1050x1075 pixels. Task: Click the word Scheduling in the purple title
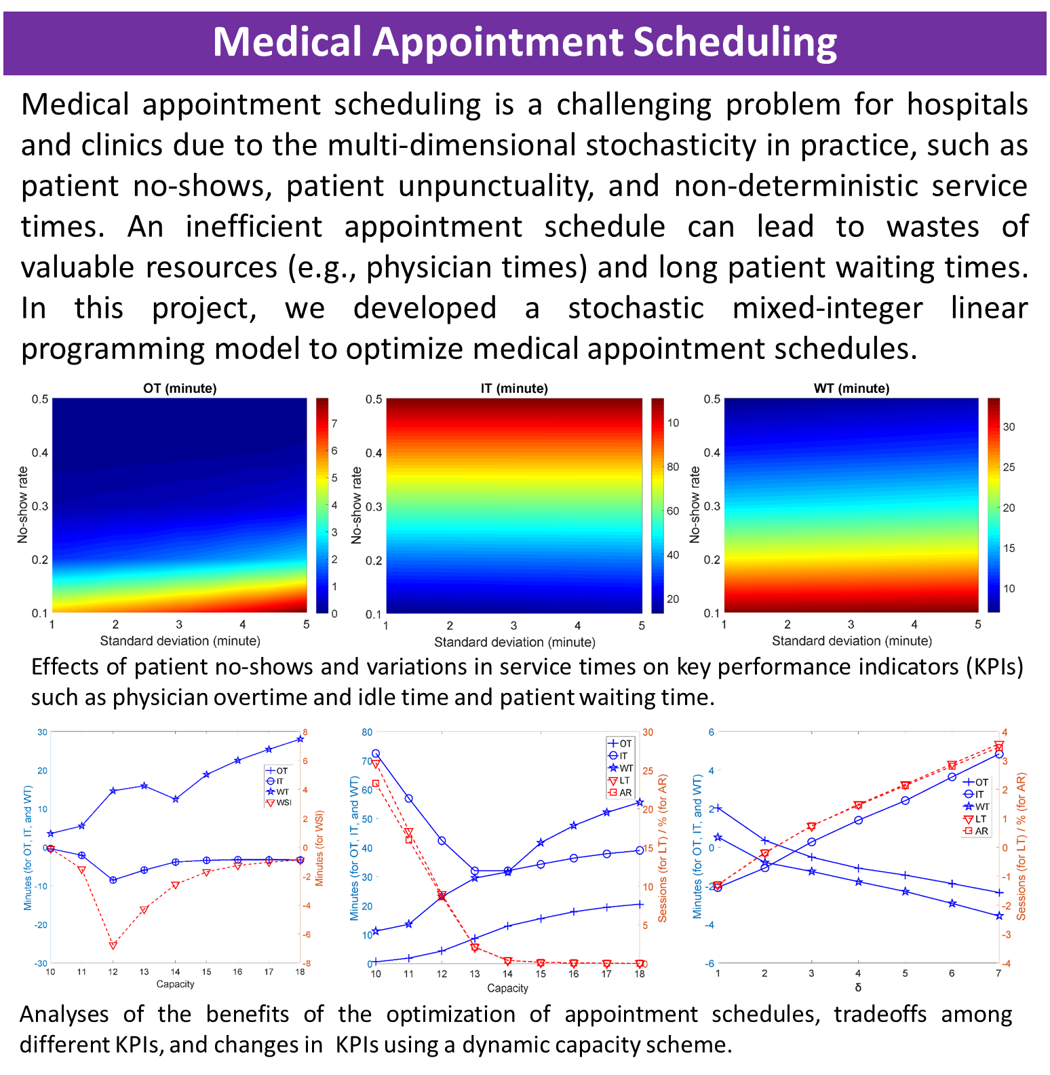(x=735, y=42)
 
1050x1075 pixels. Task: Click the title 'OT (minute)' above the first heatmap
(x=180, y=388)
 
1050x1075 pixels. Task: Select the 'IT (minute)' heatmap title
(x=514, y=388)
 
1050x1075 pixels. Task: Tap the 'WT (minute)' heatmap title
(x=851, y=388)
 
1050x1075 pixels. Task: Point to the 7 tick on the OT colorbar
(x=334, y=423)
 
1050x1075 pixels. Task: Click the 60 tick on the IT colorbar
(x=673, y=511)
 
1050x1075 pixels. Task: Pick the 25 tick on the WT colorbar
(x=1009, y=467)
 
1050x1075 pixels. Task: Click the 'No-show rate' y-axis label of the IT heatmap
(x=357, y=505)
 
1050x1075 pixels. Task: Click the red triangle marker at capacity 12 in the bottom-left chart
(x=113, y=945)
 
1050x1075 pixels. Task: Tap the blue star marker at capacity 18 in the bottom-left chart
(x=300, y=739)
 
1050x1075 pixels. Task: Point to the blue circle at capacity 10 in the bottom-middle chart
(x=376, y=754)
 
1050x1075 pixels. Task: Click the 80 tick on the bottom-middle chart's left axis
(x=367, y=732)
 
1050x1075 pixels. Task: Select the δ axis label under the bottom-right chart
(x=858, y=987)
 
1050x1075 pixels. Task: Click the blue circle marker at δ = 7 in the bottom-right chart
(x=998, y=754)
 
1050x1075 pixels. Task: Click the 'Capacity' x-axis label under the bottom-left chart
(x=175, y=984)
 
